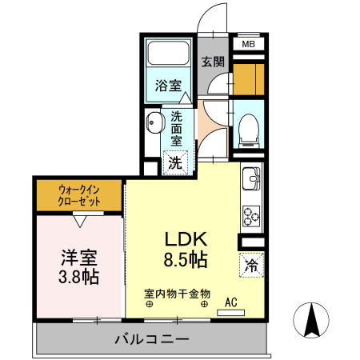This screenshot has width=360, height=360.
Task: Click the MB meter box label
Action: point(248,44)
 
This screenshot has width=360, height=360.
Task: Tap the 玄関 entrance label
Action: point(213,62)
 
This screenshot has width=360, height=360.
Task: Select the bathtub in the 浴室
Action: point(169,53)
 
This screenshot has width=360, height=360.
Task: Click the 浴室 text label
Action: point(168,86)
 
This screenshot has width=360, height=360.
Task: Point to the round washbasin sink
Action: point(154,123)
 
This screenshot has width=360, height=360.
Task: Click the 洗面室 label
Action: point(176,129)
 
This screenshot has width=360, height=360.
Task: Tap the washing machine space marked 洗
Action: point(175,162)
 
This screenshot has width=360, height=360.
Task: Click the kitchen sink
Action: point(251,178)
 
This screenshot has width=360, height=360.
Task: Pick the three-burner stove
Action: point(251,216)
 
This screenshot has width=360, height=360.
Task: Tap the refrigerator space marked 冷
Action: point(251,265)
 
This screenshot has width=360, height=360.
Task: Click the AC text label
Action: point(231,302)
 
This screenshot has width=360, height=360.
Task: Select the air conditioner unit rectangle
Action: point(230,313)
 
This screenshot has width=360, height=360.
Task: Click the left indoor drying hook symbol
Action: point(149,304)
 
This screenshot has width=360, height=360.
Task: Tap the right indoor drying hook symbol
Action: point(204,304)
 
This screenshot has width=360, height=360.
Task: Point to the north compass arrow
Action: point(311,320)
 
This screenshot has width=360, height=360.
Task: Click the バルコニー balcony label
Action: point(152,339)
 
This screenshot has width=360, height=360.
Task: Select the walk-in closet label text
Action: point(79,195)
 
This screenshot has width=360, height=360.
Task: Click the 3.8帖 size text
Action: point(78,277)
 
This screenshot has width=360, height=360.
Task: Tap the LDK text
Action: point(186,239)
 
